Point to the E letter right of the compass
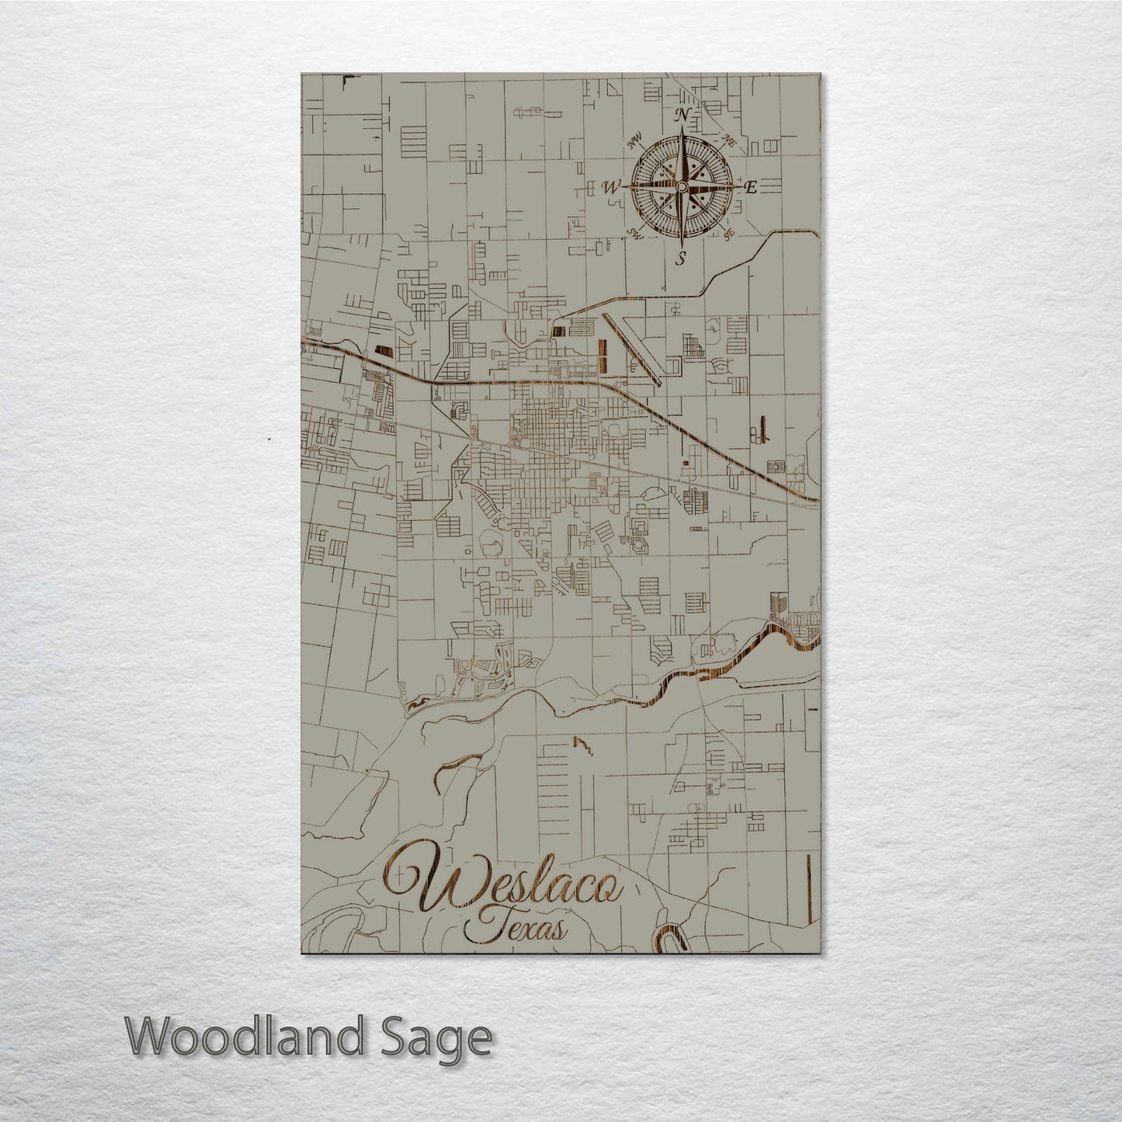(x=751, y=187)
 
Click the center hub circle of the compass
(x=682, y=187)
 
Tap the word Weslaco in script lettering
(x=505, y=887)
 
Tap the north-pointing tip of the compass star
(x=682, y=128)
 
